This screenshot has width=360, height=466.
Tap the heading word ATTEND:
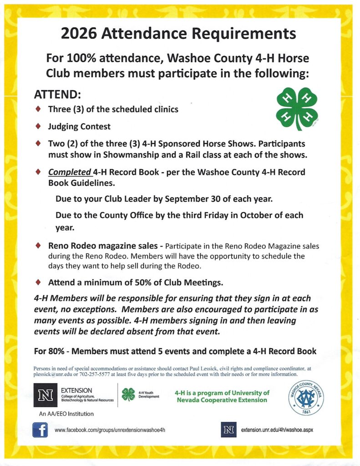pyautogui.click(x=58, y=95)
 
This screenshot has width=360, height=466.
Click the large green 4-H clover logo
pyautogui.click(x=297, y=109)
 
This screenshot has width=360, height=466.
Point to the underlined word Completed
pyautogui.click(x=69, y=173)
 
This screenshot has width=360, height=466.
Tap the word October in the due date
pyautogui.click(x=257, y=215)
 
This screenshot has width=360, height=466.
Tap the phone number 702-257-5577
pyautogui.click(x=94, y=375)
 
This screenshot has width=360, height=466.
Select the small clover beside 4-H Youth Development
pyautogui.click(x=129, y=394)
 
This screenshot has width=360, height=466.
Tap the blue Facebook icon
pyautogui.click(x=41, y=429)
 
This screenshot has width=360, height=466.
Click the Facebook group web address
pyautogui.click(x=110, y=430)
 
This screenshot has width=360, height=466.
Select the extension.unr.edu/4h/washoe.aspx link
pyautogui.click(x=277, y=430)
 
